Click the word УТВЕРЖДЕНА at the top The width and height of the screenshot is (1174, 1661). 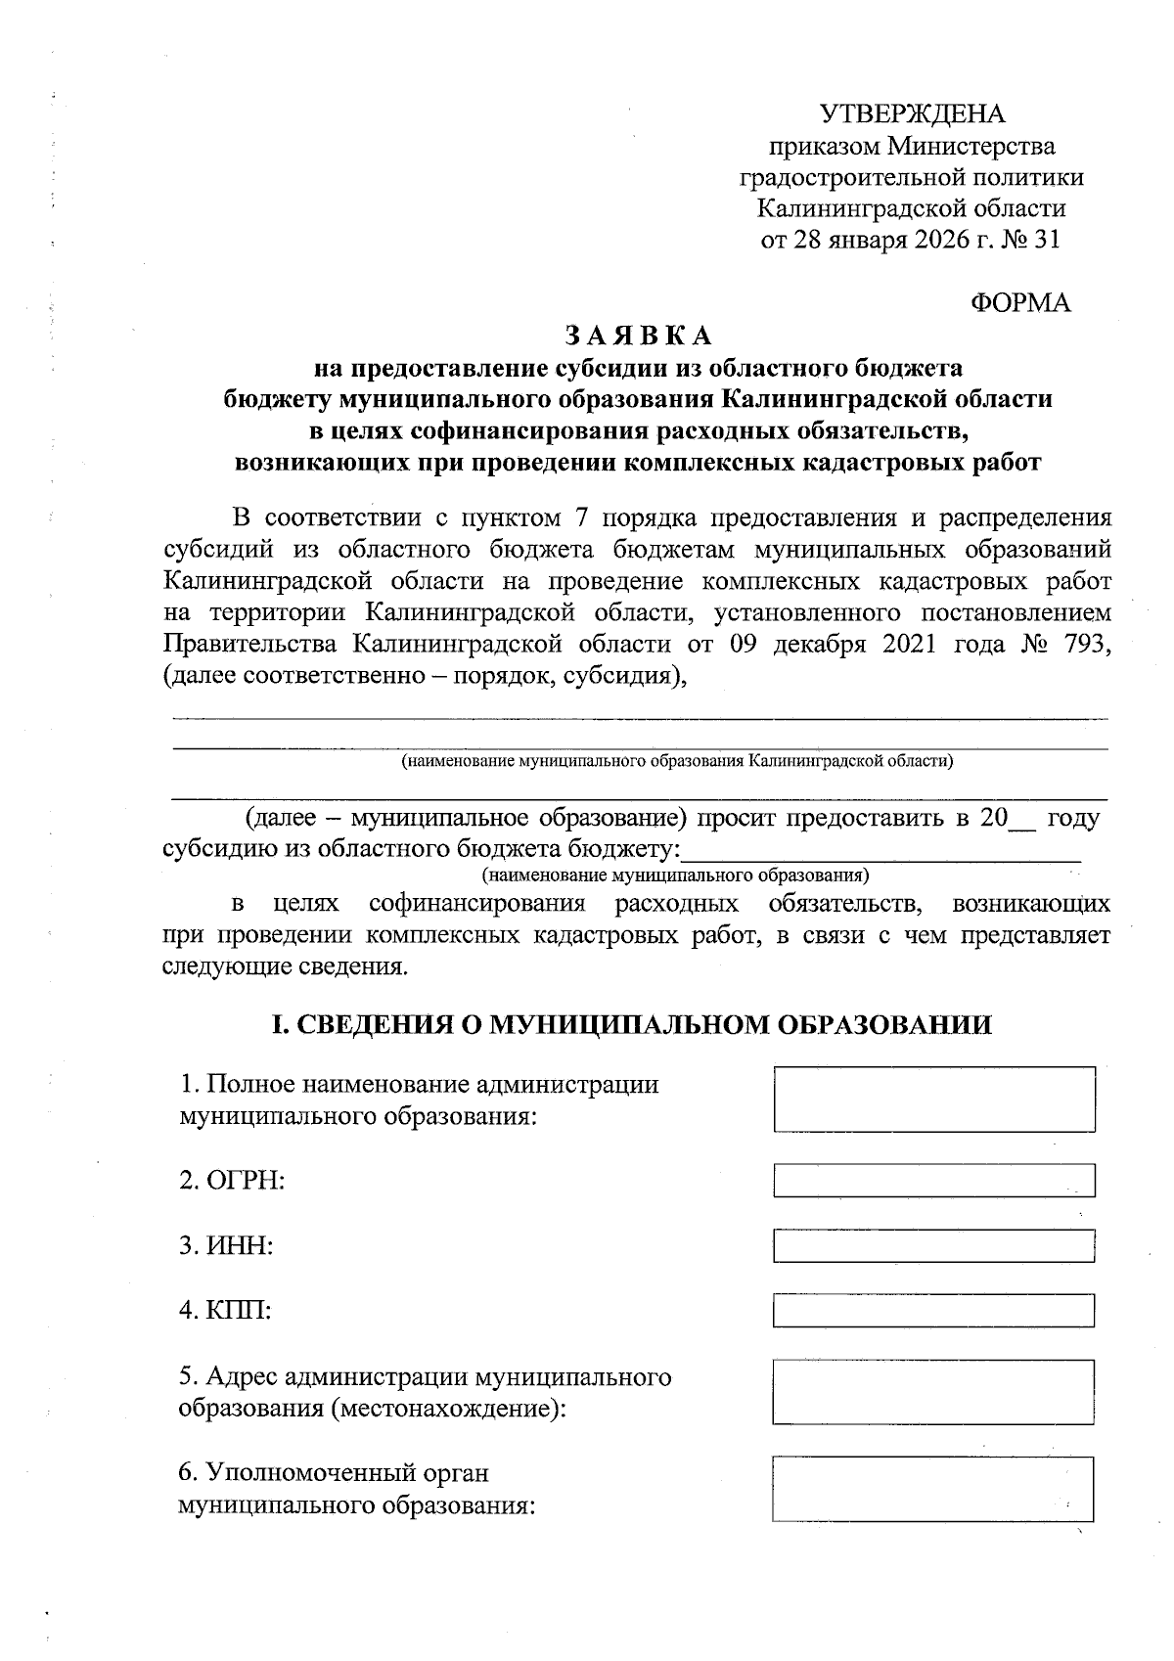tap(912, 114)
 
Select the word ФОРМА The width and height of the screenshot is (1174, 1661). tap(1020, 303)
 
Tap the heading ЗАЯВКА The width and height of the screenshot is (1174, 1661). tap(637, 336)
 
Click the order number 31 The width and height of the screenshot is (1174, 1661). tap(1046, 240)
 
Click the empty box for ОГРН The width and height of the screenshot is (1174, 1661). tap(933, 1180)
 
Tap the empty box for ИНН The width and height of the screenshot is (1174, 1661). tap(933, 1245)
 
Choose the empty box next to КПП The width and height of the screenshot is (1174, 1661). tap(933, 1310)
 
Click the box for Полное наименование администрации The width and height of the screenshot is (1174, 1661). tap(933, 1100)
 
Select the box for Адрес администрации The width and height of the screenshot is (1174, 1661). tap(933, 1391)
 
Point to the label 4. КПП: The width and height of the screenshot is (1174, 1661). tap(225, 1311)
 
